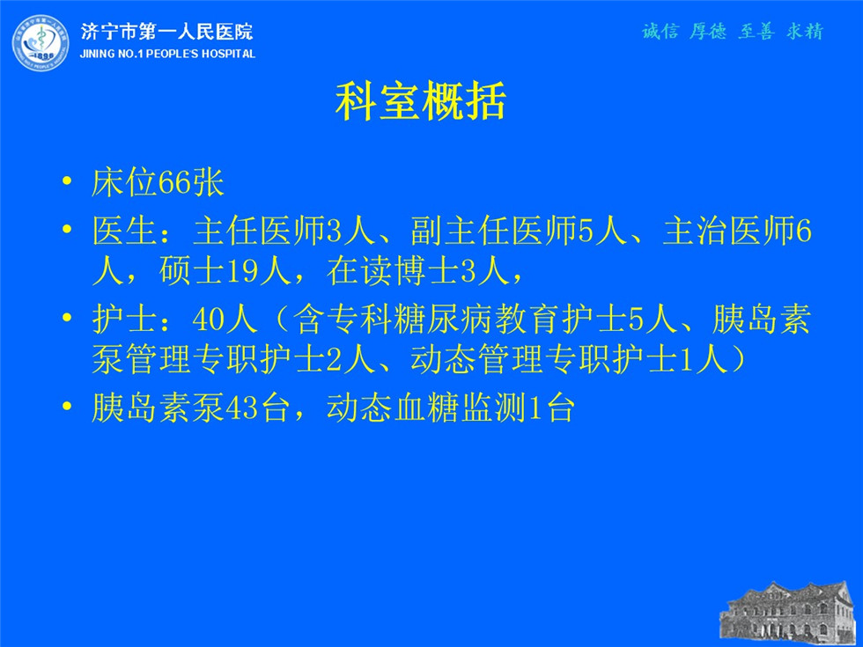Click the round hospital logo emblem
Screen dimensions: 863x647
pos(41,43)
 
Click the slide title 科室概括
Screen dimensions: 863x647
pos(421,102)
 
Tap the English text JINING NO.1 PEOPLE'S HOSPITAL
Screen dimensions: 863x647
pos(167,54)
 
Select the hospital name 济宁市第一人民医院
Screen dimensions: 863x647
pos(167,32)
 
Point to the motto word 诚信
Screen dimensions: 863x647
pos(660,32)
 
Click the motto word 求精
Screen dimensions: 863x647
pos(805,32)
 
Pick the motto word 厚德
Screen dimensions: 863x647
pos(708,32)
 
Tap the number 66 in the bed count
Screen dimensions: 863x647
pos(174,182)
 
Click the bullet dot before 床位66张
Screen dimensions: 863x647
pos(67,180)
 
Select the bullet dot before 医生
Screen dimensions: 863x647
pos(67,228)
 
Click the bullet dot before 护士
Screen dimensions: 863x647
pos(67,317)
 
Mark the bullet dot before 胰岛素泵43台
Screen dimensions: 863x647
pos(67,406)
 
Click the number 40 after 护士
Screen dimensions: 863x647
pos(209,319)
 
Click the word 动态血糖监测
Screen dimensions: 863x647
pos(426,408)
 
